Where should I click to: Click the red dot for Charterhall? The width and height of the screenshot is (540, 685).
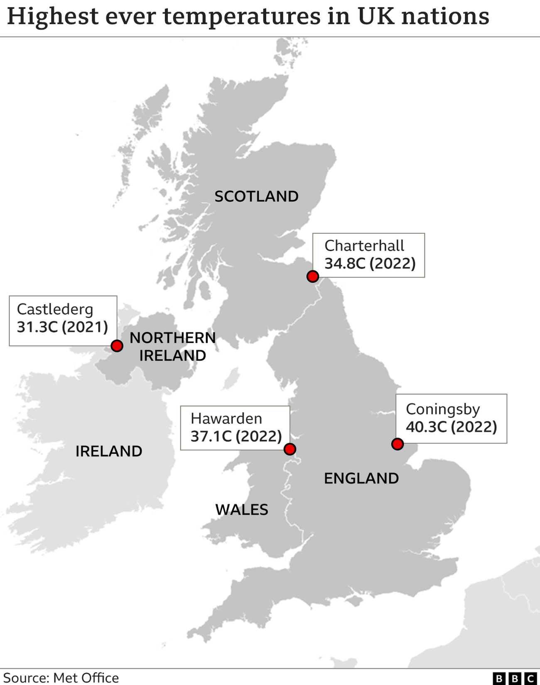tap(312, 276)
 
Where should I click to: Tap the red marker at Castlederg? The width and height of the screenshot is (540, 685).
tap(117, 346)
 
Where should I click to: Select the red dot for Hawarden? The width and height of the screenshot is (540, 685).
tap(290, 449)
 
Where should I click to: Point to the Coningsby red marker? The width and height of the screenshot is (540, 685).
tap(398, 444)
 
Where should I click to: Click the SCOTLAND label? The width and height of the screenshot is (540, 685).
tap(256, 196)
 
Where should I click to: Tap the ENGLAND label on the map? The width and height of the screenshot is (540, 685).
tap(361, 478)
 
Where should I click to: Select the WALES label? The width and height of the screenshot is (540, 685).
tap(242, 509)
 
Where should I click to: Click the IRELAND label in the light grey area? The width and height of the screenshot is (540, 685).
tap(109, 451)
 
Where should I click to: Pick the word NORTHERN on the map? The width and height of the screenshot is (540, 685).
tap(173, 338)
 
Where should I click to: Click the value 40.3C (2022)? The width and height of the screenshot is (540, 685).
tap(451, 427)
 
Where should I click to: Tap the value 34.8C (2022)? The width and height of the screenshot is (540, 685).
tap(370, 263)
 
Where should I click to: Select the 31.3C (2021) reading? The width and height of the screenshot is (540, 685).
tap(62, 327)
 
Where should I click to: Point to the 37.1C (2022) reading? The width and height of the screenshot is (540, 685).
tap(236, 436)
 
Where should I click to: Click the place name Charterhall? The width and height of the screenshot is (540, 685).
tap(364, 246)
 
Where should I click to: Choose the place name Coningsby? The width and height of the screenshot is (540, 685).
tap(443, 409)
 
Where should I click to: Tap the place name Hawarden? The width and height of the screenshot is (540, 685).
tap(226, 418)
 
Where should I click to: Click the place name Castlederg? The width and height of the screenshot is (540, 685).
tap(55, 309)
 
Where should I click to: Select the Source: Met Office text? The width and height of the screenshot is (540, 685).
tap(61, 678)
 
